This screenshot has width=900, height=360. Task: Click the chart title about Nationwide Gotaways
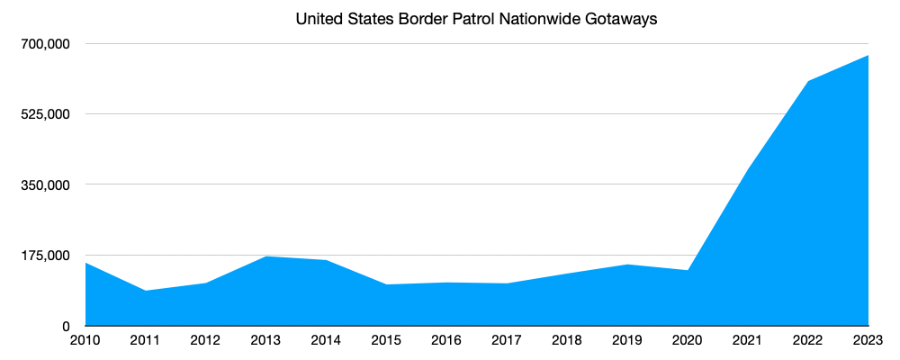pyautogui.click(x=477, y=19)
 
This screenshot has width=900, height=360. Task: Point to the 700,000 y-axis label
pyautogui.click(x=46, y=44)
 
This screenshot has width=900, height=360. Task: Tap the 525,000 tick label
pyautogui.click(x=46, y=114)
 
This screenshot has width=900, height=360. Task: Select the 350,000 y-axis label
pyautogui.click(x=46, y=184)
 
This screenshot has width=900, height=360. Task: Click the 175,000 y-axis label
pyautogui.click(x=46, y=256)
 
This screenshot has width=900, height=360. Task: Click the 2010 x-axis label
pyautogui.click(x=85, y=340)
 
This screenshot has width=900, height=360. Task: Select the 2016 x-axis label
pyautogui.click(x=446, y=340)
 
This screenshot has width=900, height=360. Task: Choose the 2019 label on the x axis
pyautogui.click(x=627, y=340)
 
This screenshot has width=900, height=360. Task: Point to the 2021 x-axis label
pyautogui.click(x=748, y=340)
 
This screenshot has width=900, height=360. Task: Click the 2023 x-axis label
pyautogui.click(x=868, y=340)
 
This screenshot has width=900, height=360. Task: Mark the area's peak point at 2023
pyautogui.click(x=868, y=56)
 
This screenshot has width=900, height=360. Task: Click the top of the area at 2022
pyautogui.click(x=808, y=82)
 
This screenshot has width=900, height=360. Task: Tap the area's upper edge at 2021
pyautogui.click(x=748, y=168)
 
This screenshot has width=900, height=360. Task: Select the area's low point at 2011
pyautogui.click(x=146, y=291)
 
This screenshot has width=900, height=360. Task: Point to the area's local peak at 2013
pyautogui.click(x=266, y=256)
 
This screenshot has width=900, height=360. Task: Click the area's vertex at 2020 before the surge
pyautogui.click(x=688, y=270)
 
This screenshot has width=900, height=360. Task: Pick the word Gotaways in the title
pyautogui.click(x=622, y=19)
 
